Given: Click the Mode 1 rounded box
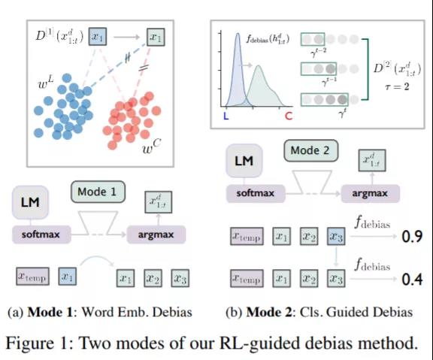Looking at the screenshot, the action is coord(98,192).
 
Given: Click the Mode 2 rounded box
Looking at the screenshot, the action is coord(311,150).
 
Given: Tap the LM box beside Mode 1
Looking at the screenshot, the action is coord(30,202).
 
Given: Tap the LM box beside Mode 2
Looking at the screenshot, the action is coord(244,161).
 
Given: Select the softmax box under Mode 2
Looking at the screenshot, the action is coord(256,193).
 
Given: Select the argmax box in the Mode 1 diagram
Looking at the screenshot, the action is coord(156,234).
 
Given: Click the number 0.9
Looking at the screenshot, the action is coord(412,236).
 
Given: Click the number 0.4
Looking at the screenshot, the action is coord(412,279).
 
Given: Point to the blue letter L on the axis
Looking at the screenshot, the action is coord(226,116).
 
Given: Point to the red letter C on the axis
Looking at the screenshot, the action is coord(289,116).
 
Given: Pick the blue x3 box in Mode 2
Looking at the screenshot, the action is coord(336,236).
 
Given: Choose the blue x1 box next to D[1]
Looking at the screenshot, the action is coord(98,37).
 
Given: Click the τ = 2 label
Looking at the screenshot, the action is coord(397,86).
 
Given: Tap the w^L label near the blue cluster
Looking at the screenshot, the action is coord(46,82).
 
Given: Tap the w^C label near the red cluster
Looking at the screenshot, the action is coord(152,147).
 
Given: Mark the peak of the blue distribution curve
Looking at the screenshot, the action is coord(238,34).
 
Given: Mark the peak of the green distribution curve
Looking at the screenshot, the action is coord(259,65).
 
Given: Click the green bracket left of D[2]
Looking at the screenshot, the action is coord(368,69).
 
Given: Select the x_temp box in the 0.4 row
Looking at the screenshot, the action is coord(247,279).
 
